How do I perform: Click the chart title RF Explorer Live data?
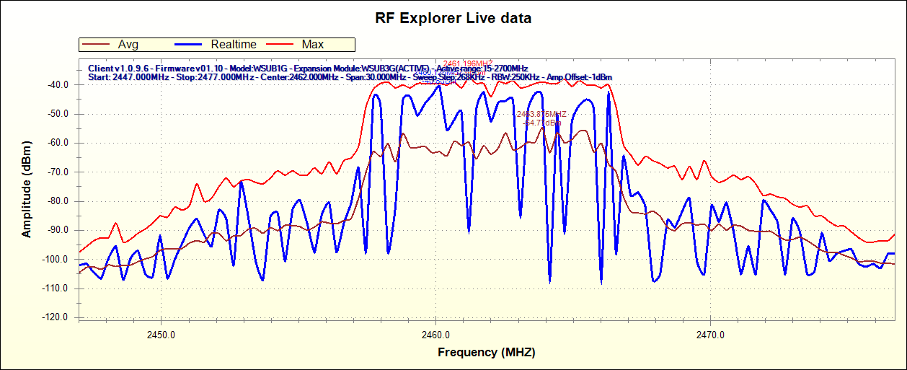(453, 19)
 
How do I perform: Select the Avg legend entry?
(128, 45)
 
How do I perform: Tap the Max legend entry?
(312, 45)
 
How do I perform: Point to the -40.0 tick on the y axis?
(56, 84)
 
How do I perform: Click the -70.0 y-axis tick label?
(56, 172)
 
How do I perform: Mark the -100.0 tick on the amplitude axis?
(55, 259)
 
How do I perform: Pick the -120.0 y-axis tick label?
(55, 317)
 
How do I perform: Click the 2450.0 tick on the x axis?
(162, 335)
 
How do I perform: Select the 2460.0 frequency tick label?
(435, 335)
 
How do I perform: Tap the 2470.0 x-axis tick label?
(710, 335)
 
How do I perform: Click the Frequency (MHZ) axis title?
(487, 353)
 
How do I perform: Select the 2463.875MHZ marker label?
(541, 114)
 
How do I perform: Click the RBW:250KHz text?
(517, 76)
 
